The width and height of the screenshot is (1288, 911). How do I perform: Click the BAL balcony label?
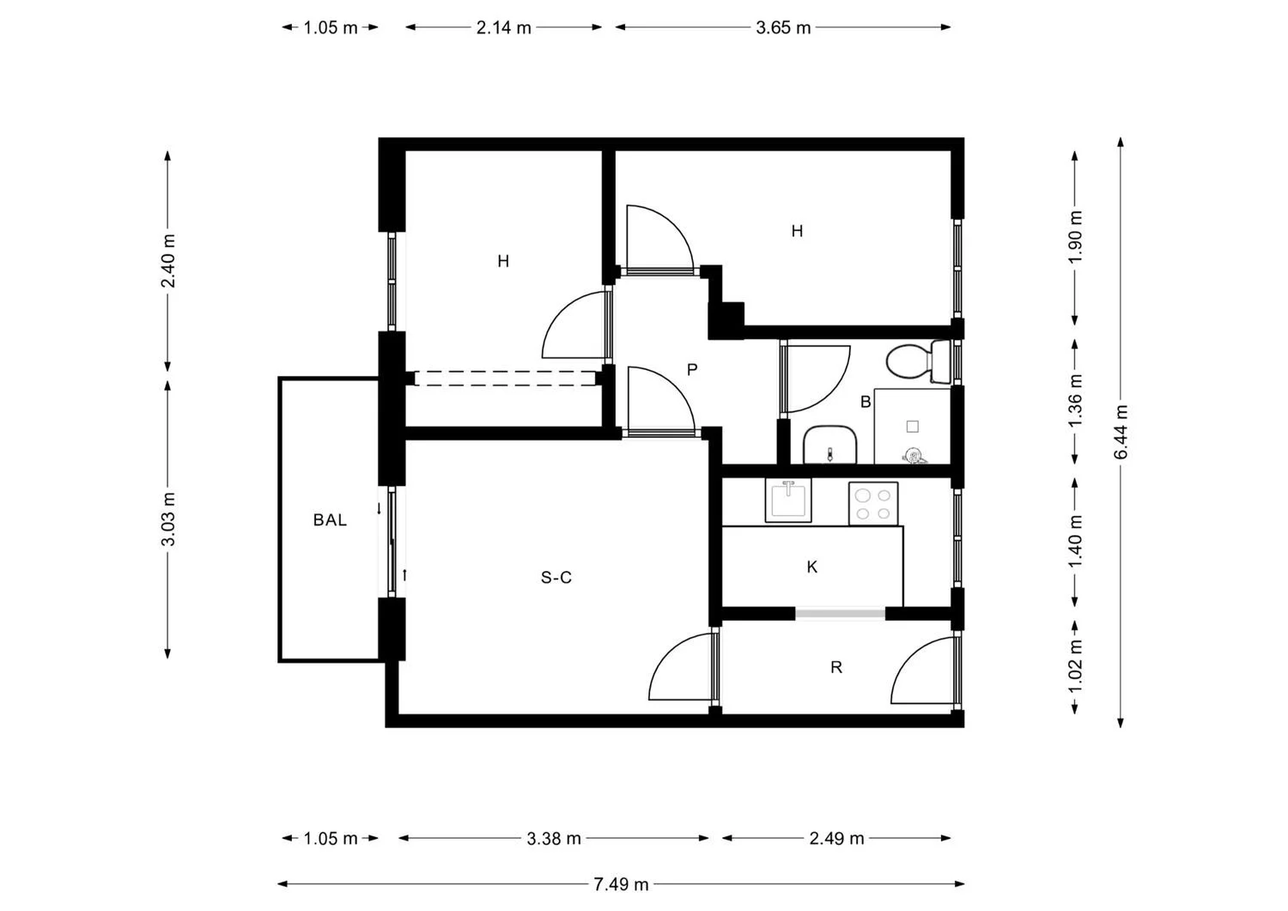pyautogui.click(x=330, y=520)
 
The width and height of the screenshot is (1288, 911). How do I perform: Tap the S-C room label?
pyautogui.click(x=556, y=578)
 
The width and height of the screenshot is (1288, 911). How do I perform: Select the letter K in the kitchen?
pyautogui.click(x=812, y=567)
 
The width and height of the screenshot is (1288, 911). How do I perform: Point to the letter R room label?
pyautogui.click(x=836, y=667)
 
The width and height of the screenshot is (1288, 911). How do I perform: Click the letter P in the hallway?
pyautogui.click(x=692, y=369)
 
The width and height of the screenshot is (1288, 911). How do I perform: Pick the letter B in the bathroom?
pyautogui.click(x=866, y=402)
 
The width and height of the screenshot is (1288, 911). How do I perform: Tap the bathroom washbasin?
pyautogui.click(x=830, y=445)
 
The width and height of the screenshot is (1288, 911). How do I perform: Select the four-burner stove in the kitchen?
pyautogui.click(x=873, y=503)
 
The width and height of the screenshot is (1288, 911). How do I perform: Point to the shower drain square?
pyautogui.click(x=913, y=426)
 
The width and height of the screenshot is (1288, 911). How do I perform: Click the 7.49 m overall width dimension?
pyautogui.click(x=621, y=884)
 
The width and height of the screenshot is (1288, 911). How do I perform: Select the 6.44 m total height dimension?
pyautogui.click(x=1121, y=431)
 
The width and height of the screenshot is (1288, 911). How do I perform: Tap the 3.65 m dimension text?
pyautogui.click(x=783, y=27)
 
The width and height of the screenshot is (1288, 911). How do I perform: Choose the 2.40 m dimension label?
pyautogui.click(x=168, y=260)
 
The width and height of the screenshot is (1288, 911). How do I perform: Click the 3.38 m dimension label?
pyautogui.click(x=554, y=839)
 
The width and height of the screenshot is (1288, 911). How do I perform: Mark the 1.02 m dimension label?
pyautogui.click(x=1075, y=666)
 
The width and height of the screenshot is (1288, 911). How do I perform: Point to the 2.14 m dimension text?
pyautogui.click(x=504, y=27)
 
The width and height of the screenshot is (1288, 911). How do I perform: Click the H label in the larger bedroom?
pyautogui.click(x=797, y=231)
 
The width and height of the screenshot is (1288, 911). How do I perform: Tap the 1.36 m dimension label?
pyautogui.click(x=1075, y=400)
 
